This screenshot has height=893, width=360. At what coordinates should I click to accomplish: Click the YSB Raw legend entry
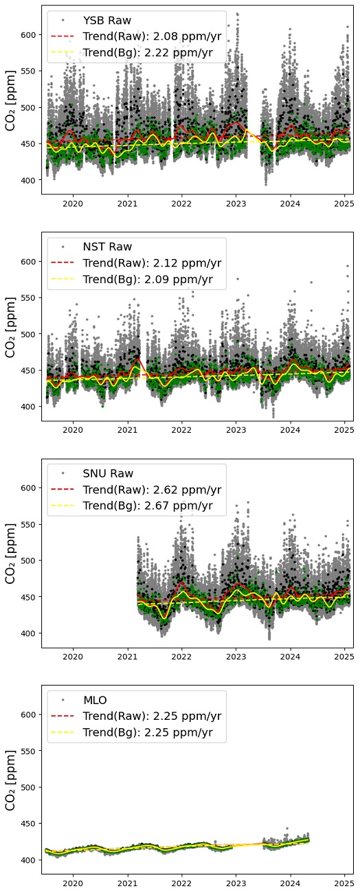point(106,21)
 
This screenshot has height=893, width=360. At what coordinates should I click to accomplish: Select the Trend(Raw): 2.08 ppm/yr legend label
point(152,36)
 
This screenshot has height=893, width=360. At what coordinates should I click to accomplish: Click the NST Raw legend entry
point(107,247)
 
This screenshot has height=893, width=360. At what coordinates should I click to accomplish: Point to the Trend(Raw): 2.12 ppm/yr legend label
point(152,263)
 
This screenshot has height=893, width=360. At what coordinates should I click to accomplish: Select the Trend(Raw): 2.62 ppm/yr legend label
point(152,490)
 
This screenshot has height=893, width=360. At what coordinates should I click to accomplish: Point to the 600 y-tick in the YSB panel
point(30,35)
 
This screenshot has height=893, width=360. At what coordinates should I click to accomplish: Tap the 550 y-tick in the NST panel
point(30,298)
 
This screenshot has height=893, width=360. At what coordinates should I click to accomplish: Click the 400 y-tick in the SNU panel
point(30,633)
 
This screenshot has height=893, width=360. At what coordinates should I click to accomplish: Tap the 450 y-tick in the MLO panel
point(30,824)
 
